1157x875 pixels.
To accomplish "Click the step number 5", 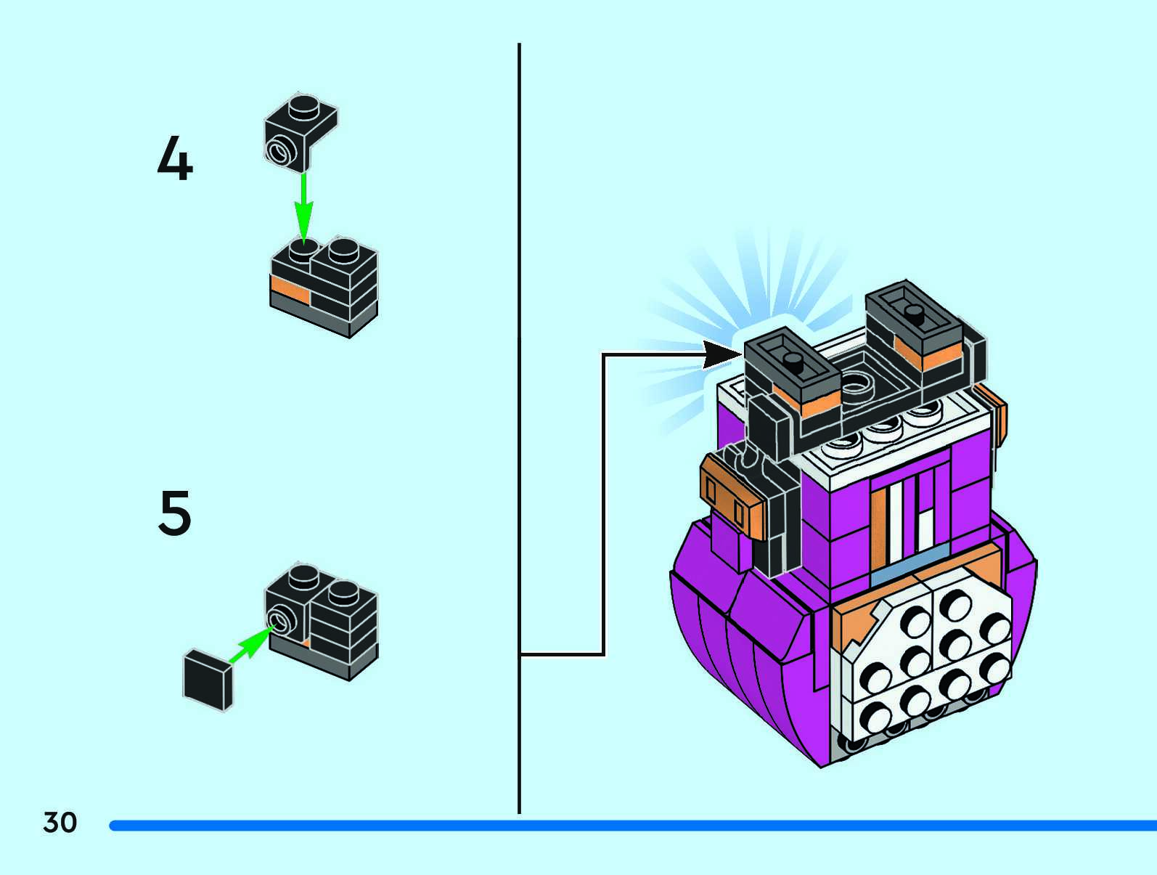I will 175,513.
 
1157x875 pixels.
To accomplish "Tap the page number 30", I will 60,823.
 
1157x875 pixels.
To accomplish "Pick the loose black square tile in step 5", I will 208,678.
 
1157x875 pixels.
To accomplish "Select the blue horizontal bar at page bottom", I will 631,826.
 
